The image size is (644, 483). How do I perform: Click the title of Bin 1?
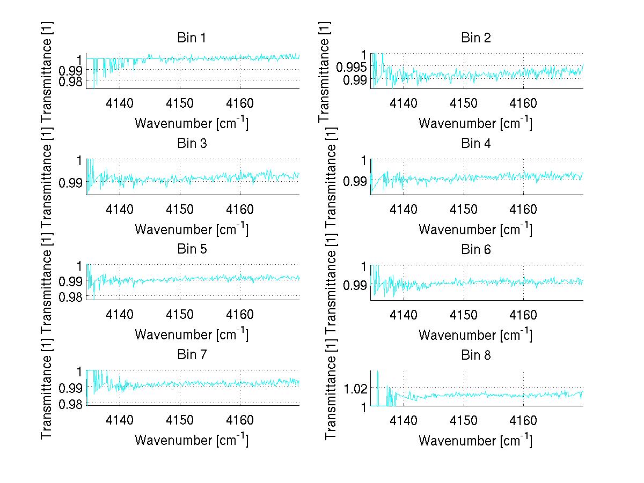click(x=191, y=38)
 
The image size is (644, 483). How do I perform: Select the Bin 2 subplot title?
click(x=475, y=38)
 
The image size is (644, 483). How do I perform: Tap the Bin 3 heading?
click(x=191, y=144)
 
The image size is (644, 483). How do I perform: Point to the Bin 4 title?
click(x=475, y=144)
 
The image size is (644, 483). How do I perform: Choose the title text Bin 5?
click(x=191, y=249)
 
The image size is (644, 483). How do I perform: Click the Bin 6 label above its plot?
click(x=475, y=249)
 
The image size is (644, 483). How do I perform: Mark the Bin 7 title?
click(x=191, y=355)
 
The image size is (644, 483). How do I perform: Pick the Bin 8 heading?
click(x=475, y=355)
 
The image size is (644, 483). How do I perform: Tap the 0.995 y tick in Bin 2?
click(x=352, y=67)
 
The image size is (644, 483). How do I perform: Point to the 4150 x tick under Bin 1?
click(x=180, y=103)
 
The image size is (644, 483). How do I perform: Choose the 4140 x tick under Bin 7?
click(x=120, y=420)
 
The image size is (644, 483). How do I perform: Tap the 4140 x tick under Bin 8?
click(x=404, y=420)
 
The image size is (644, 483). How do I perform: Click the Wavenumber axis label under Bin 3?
click(x=191, y=229)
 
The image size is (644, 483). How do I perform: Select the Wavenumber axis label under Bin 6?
click(x=475, y=335)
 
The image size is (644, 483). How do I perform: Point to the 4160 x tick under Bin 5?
click(x=240, y=314)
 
